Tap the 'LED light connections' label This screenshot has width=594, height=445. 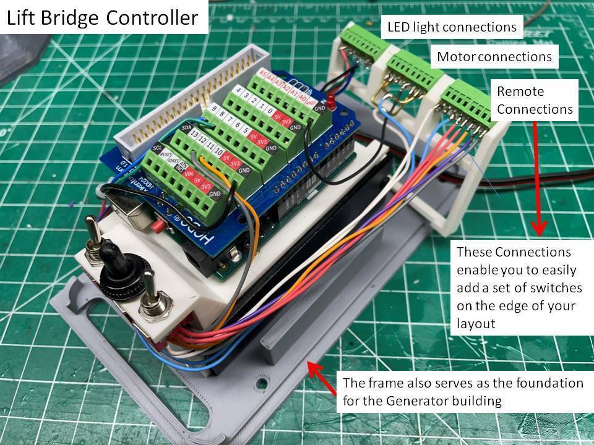pyautogui.click(x=452, y=27)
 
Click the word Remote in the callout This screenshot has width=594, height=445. pyautogui.click(x=520, y=91)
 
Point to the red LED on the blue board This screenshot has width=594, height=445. pyautogui.click(x=332, y=100)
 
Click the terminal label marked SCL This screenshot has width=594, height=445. pyautogui.click(x=157, y=149)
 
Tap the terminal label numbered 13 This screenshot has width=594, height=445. pyautogui.click(x=194, y=135)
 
